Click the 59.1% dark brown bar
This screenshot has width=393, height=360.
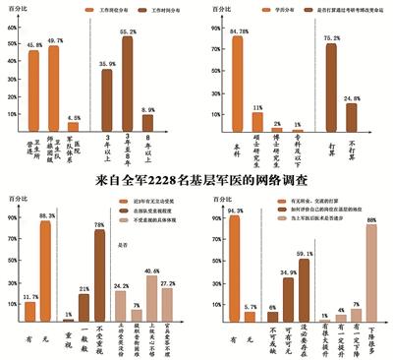tap(304, 291)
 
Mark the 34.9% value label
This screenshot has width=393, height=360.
tap(287, 271)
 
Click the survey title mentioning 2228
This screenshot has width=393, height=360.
tap(196, 180)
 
